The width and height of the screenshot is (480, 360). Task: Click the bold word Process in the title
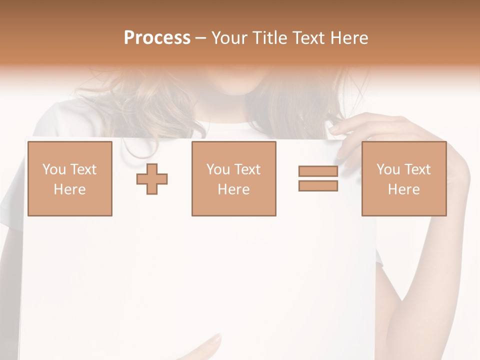point(157,37)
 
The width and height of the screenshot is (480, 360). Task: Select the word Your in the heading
point(229,37)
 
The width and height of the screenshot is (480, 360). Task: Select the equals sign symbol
point(318,178)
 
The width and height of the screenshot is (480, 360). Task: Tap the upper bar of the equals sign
point(318,171)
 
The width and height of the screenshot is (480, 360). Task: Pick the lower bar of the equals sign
point(318,185)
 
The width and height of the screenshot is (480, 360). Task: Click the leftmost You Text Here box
point(69,178)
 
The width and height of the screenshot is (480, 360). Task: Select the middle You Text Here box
point(233,178)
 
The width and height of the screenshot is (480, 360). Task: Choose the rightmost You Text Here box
point(403,178)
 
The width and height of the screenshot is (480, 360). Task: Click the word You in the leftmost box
point(54,169)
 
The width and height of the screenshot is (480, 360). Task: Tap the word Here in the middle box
point(233,189)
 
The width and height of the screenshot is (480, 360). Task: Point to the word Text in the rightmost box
point(416,169)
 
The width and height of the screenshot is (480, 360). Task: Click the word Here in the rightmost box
point(403,189)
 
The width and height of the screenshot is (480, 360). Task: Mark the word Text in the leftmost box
point(82,169)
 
